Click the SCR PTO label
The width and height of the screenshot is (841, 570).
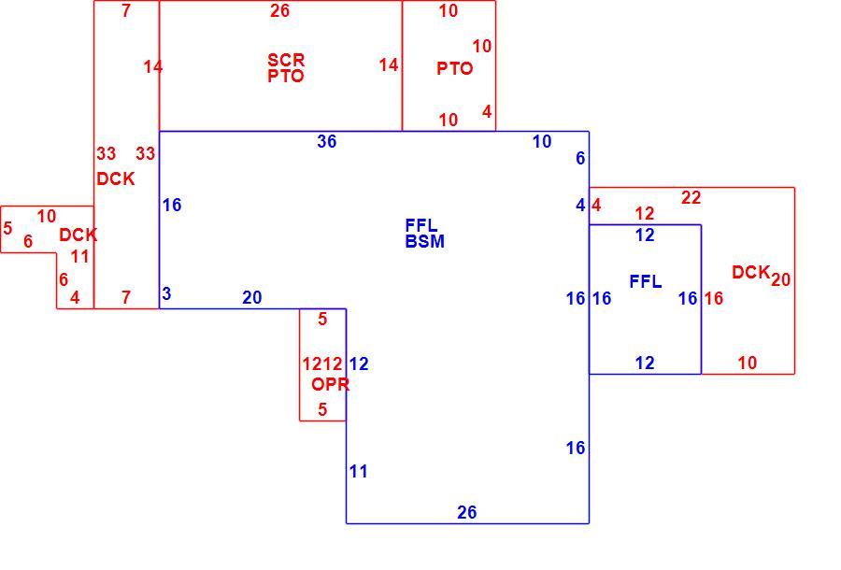click(x=286, y=67)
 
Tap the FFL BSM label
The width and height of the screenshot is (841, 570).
click(x=425, y=234)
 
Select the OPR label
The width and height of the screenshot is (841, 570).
click(x=331, y=384)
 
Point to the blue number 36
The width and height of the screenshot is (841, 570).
click(x=327, y=141)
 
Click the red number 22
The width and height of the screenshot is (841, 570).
click(x=691, y=198)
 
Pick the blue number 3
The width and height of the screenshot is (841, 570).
click(x=166, y=293)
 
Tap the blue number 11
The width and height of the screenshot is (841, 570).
click(x=358, y=471)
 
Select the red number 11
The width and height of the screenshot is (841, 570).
click(x=80, y=256)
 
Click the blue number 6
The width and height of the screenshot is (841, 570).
click(x=580, y=158)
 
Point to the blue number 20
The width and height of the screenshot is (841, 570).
click(x=252, y=297)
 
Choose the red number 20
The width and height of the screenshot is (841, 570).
click(x=780, y=279)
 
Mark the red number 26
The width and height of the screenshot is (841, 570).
click(x=279, y=10)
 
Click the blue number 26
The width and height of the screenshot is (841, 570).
click(x=466, y=513)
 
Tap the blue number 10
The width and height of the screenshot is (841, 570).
click(x=542, y=141)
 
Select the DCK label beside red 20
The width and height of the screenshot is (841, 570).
click(x=751, y=273)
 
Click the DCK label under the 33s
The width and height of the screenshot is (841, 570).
click(x=115, y=179)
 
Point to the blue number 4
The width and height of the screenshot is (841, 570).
click(x=580, y=205)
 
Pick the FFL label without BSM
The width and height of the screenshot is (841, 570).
click(x=645, y=281)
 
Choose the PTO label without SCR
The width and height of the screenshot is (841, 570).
click(x=455, y=68)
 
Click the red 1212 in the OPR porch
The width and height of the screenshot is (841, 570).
click(x=321, y=364)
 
